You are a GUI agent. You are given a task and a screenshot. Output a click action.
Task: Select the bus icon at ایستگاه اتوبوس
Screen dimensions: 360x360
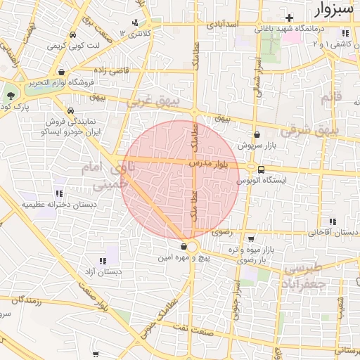(262, 169)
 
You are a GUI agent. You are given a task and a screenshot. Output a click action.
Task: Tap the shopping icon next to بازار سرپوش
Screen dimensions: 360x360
(256, 134)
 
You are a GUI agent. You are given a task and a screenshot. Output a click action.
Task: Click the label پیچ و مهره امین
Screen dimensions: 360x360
(184, 258)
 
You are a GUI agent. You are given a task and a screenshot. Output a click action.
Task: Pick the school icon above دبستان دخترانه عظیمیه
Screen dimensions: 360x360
(58, 193)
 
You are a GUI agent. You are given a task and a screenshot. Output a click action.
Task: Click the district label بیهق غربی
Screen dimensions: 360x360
(153, 102)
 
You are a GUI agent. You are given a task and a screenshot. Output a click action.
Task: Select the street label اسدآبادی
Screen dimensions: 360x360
(223, 25)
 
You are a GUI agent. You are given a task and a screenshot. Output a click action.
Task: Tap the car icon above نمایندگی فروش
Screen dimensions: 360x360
(71, 111)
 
